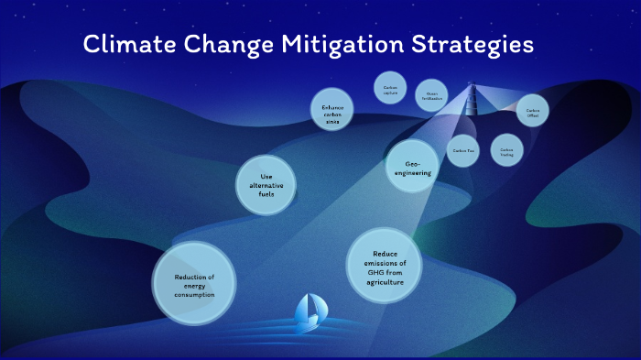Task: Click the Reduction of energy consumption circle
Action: click(195, 285)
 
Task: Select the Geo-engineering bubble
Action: click(411, 166)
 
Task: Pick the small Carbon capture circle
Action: click(390, 89)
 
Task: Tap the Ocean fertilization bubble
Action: click(432, 95)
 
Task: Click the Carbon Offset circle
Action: click(532, 111)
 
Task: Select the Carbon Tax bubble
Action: click(462, 150)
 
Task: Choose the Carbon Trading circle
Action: click(506, 150)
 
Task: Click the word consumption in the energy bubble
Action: click(195, 295)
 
